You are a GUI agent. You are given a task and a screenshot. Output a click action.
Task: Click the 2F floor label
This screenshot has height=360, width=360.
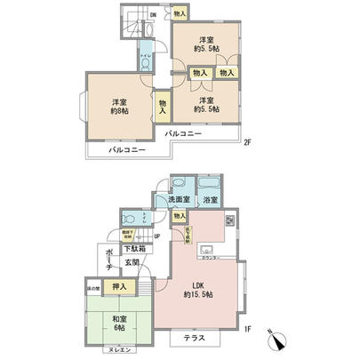249,143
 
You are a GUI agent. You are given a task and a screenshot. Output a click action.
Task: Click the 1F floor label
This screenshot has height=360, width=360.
249,331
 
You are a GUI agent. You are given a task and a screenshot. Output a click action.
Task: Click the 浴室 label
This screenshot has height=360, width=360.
209,201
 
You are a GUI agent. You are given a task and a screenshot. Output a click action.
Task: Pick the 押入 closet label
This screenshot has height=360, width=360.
119,288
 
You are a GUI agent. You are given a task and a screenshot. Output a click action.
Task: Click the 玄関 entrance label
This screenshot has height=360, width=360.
132,263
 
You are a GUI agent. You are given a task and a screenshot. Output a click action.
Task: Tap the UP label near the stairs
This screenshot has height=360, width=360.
156,236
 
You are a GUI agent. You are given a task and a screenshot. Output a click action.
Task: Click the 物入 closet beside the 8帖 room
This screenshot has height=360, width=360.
164,106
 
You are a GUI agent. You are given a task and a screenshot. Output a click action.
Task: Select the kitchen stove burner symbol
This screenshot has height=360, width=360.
229,222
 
